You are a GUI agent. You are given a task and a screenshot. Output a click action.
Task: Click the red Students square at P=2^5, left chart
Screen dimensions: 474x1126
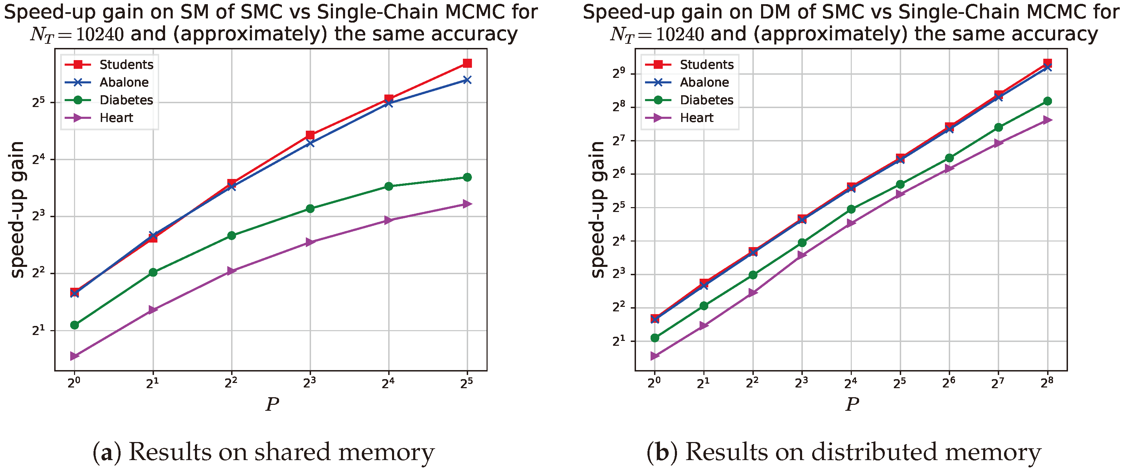[467, 63]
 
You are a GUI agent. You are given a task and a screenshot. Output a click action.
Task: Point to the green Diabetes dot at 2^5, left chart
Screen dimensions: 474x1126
[467, 177]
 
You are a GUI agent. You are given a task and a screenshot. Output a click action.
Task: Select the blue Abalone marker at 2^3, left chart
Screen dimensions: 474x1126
[310, 143]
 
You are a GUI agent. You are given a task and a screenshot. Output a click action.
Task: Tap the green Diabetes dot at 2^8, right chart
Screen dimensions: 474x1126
[1047, 101]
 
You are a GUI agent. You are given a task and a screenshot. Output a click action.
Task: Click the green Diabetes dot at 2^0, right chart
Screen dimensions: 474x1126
[655, 337]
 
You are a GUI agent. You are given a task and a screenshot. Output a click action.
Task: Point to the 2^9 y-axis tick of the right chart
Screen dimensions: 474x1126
[619, 73]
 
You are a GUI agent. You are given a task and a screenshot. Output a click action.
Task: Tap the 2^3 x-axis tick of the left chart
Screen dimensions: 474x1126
[309, 383]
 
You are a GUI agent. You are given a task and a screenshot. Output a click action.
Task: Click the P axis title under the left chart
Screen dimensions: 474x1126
[272, 404]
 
